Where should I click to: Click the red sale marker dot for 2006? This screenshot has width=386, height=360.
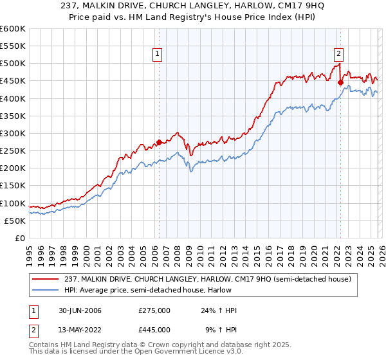(159, 143)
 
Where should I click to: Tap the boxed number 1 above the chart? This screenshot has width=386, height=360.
(158, 54)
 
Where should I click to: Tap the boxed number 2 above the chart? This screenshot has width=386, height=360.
(338, 54)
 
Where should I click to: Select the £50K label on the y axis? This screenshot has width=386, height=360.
(15, 221)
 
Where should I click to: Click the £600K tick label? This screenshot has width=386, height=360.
(13, 30)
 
